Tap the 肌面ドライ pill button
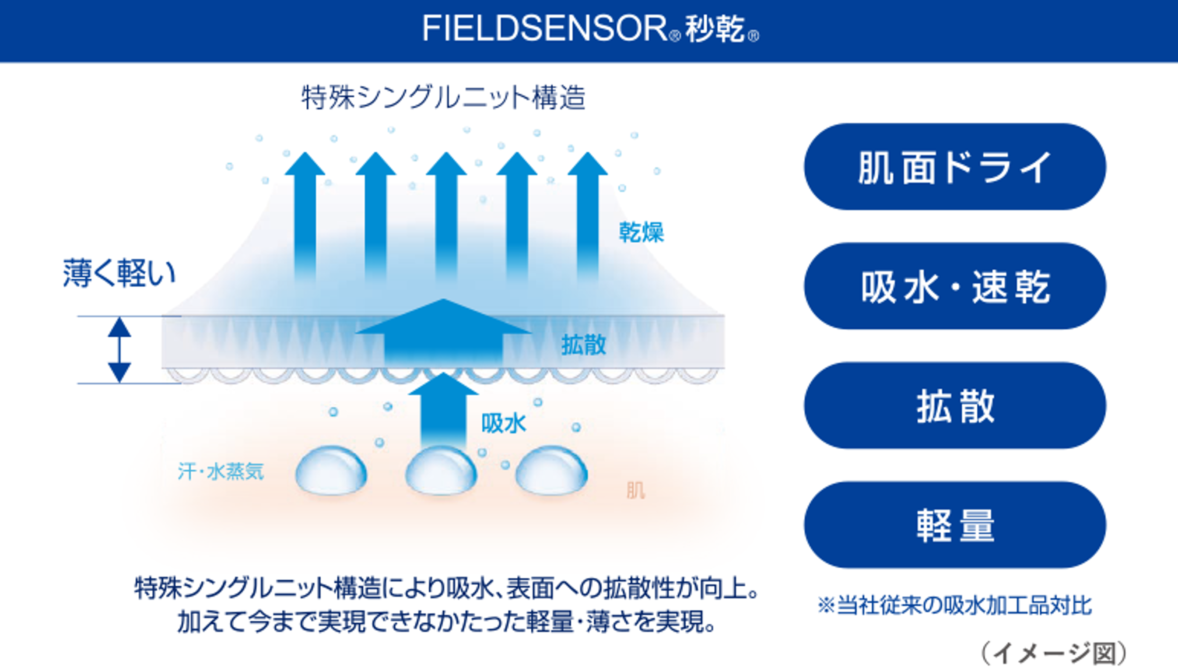point(955,166)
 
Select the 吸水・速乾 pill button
point(955,286)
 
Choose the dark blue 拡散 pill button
point(955,405)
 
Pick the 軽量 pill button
point(955,525)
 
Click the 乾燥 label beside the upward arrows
point(641,232)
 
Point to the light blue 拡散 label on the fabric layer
point(584,345)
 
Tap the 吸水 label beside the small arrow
point(504,423)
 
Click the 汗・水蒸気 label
point(221,471)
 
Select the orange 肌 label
point(636,491)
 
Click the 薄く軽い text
point(119,274)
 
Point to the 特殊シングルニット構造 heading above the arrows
point(443,97)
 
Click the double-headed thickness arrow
point(119,350)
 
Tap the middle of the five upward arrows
point(446,216)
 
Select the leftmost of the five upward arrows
point(305,216)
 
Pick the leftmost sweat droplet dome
point(331,470)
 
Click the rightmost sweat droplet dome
point(552,470)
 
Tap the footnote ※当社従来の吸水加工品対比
point(955,605)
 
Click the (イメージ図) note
point(1054,653)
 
